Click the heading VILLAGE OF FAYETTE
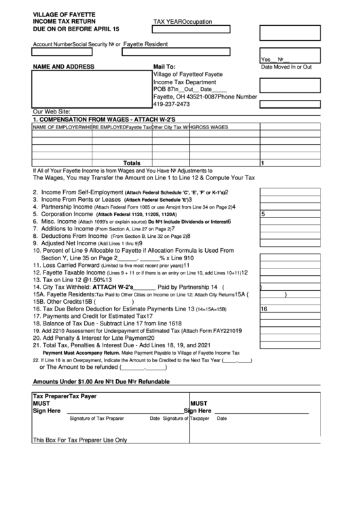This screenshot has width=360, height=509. coord(64,14)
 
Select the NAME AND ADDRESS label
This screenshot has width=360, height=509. coord(63,67)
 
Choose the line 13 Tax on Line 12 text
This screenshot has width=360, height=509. coord(79,279)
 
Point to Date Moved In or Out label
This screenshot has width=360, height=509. coord(287,67)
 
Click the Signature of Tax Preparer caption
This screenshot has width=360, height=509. coord(97,419)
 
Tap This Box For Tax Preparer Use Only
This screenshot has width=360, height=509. coord(80,440)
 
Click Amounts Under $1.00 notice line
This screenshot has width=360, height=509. coord(101,382)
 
